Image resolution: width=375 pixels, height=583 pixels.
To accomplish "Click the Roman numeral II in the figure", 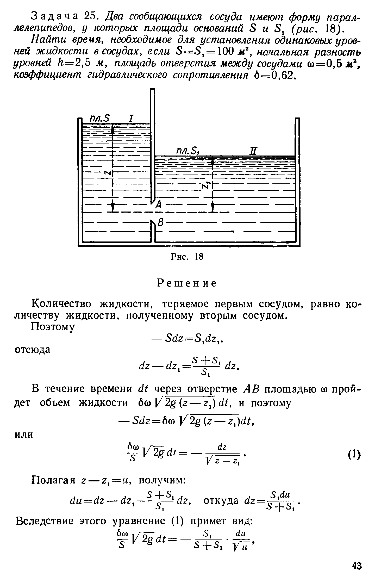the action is tap(253, 151).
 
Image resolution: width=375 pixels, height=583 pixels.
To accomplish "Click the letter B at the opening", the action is tap(161, 223).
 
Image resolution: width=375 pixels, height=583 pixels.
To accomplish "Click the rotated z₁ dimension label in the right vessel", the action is tap(205, 185).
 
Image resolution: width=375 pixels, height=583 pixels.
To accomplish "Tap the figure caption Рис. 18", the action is tap(187, 257).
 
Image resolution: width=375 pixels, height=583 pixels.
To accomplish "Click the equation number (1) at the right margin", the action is tap(355, 454).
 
